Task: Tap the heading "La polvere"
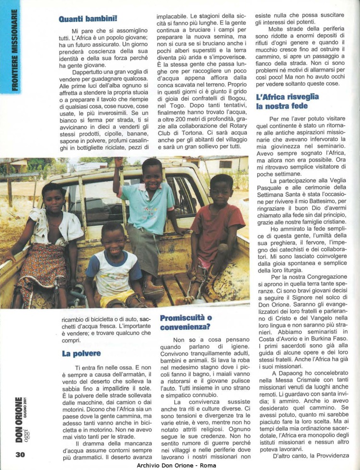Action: click(81, 353)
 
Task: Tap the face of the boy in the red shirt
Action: click(221, 189)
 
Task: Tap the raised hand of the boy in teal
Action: click(119, 161)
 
